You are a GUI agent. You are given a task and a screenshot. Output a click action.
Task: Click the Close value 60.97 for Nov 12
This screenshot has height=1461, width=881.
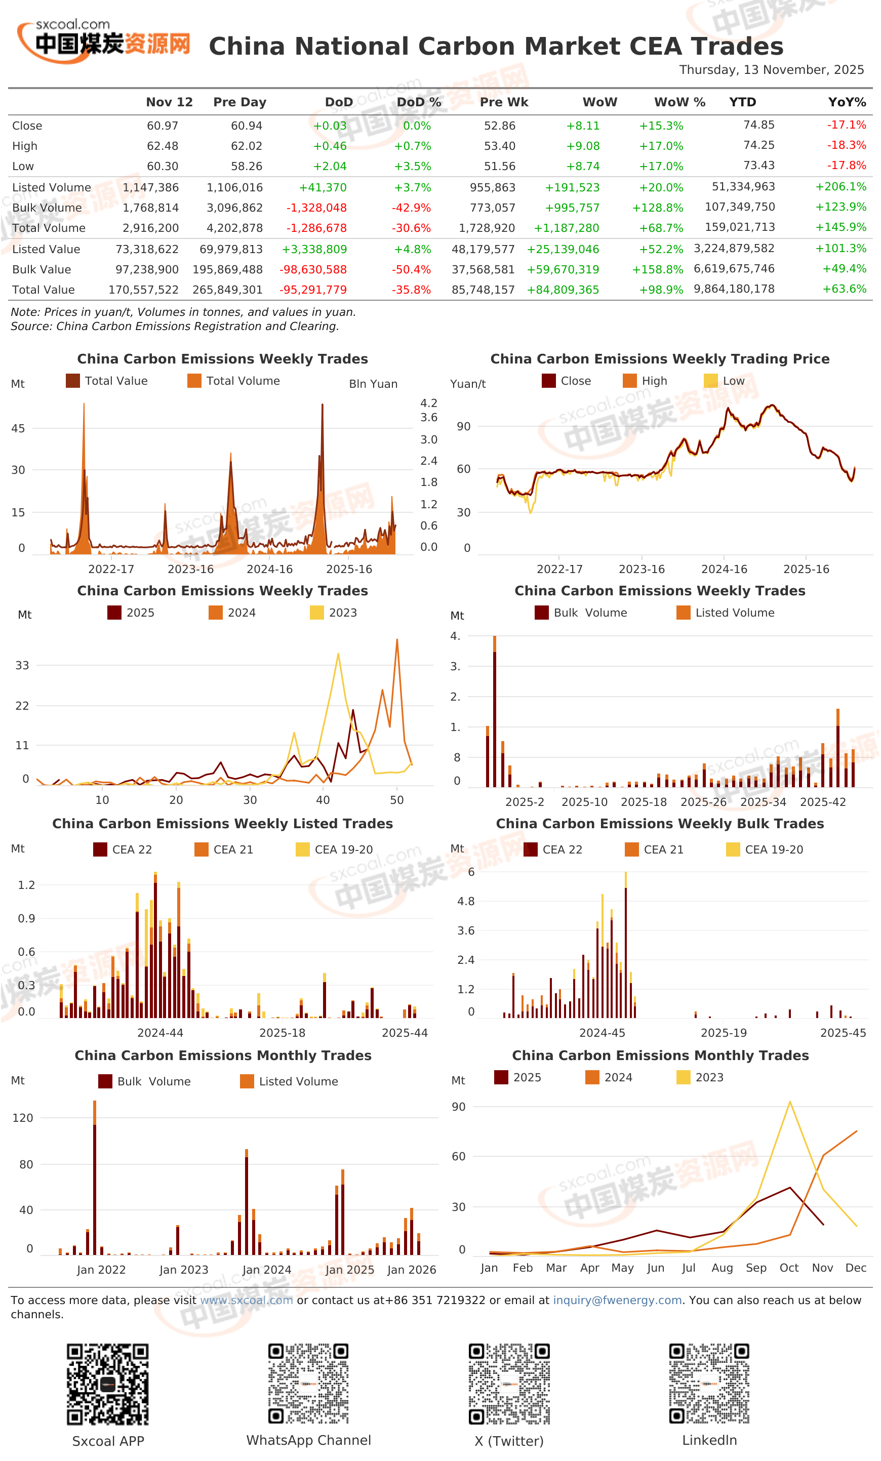pos(163,126)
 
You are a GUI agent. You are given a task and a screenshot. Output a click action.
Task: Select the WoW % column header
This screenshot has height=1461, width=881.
pos(679,102)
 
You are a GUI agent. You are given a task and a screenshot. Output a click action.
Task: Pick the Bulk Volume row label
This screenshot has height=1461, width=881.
pos(47,208)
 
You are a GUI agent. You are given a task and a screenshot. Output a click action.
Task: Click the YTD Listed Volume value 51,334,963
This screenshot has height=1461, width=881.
pos(743,187)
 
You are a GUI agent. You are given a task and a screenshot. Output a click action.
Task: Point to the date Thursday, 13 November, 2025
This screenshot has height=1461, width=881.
pos(771,70)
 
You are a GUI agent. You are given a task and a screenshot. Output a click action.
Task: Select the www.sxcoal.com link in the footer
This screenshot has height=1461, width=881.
pos(246,1301)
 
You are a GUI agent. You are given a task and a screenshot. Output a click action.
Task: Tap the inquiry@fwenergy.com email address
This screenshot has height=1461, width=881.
pos(617,1301)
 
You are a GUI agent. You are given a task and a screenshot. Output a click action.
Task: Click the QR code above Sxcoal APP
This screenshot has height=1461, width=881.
pos(107,1385)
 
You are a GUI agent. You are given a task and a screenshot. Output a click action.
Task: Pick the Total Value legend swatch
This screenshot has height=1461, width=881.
pos(72,381)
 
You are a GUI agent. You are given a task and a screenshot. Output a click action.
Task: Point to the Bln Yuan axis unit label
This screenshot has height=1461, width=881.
pos(373,384)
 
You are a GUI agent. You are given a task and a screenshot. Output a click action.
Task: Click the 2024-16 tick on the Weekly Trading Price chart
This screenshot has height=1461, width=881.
pos(724,569)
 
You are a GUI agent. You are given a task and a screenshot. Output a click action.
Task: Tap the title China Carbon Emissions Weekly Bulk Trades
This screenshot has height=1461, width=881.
pos(659,824)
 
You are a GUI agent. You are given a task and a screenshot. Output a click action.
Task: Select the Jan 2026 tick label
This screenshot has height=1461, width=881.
pos(412,1270)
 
